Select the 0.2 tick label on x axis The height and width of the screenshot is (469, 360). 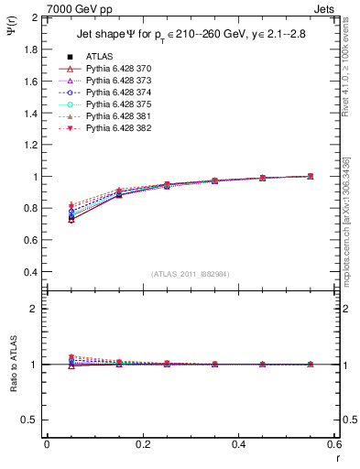click(142, 444)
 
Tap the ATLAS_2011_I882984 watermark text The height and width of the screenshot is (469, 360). click(190, 274)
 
